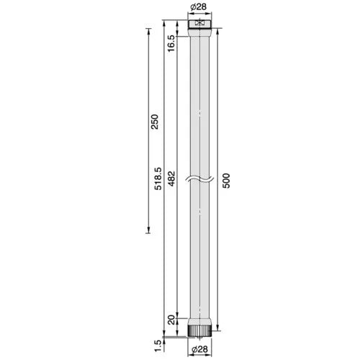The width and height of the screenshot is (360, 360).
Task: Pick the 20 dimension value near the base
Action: (171, 319)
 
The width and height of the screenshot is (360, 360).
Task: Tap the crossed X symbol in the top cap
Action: (199, 24)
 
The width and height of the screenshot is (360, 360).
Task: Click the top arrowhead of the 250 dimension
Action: (148, 32)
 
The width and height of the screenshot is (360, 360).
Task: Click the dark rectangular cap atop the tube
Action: (199, 24)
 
